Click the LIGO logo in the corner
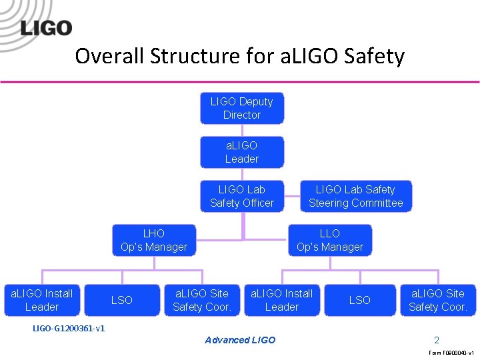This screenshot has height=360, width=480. point(46,27)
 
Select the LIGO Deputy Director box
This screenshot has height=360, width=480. point(242,108)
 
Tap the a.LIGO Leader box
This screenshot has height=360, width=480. point(242,152)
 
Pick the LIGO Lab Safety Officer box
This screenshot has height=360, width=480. point(242,196)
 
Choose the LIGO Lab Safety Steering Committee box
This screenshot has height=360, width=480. point(355,196)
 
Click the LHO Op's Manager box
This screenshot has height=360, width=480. point(154,240)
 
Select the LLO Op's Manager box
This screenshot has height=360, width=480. point(330,240)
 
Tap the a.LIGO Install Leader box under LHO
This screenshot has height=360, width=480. point(42,300)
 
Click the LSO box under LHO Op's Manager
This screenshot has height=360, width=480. point(122,300)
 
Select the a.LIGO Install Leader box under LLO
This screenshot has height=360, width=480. point(281,300)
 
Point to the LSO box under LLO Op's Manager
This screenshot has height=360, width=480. point(360,300)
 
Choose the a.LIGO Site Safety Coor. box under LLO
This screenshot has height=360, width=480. point(438,300)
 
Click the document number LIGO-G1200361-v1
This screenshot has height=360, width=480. point(69,328)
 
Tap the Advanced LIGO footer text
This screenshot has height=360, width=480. point(240,340)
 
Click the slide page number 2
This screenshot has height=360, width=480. point(437,340)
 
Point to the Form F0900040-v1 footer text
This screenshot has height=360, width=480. point(451,353)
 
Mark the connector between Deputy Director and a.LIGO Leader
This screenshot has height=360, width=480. point(242,131)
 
